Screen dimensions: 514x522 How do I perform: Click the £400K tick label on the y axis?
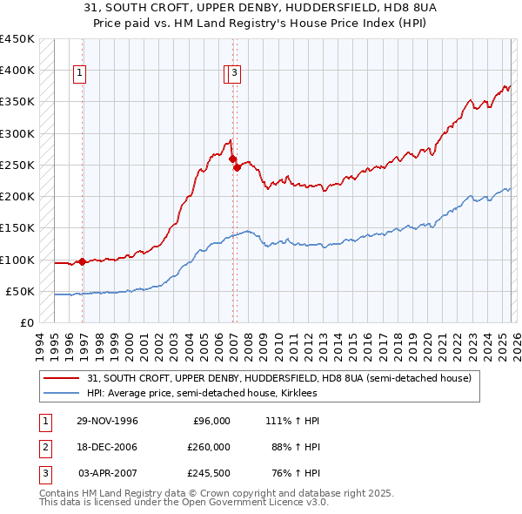point(17,71)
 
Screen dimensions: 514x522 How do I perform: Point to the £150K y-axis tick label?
point(17,228)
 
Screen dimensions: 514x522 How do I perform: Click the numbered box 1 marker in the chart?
point(79,74)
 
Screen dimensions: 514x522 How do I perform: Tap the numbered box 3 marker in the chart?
point(236,74)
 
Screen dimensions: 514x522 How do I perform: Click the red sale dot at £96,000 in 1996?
point(83,261)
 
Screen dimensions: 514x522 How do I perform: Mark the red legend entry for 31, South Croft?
point(278,378)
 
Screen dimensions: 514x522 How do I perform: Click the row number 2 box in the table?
point(44,447)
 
